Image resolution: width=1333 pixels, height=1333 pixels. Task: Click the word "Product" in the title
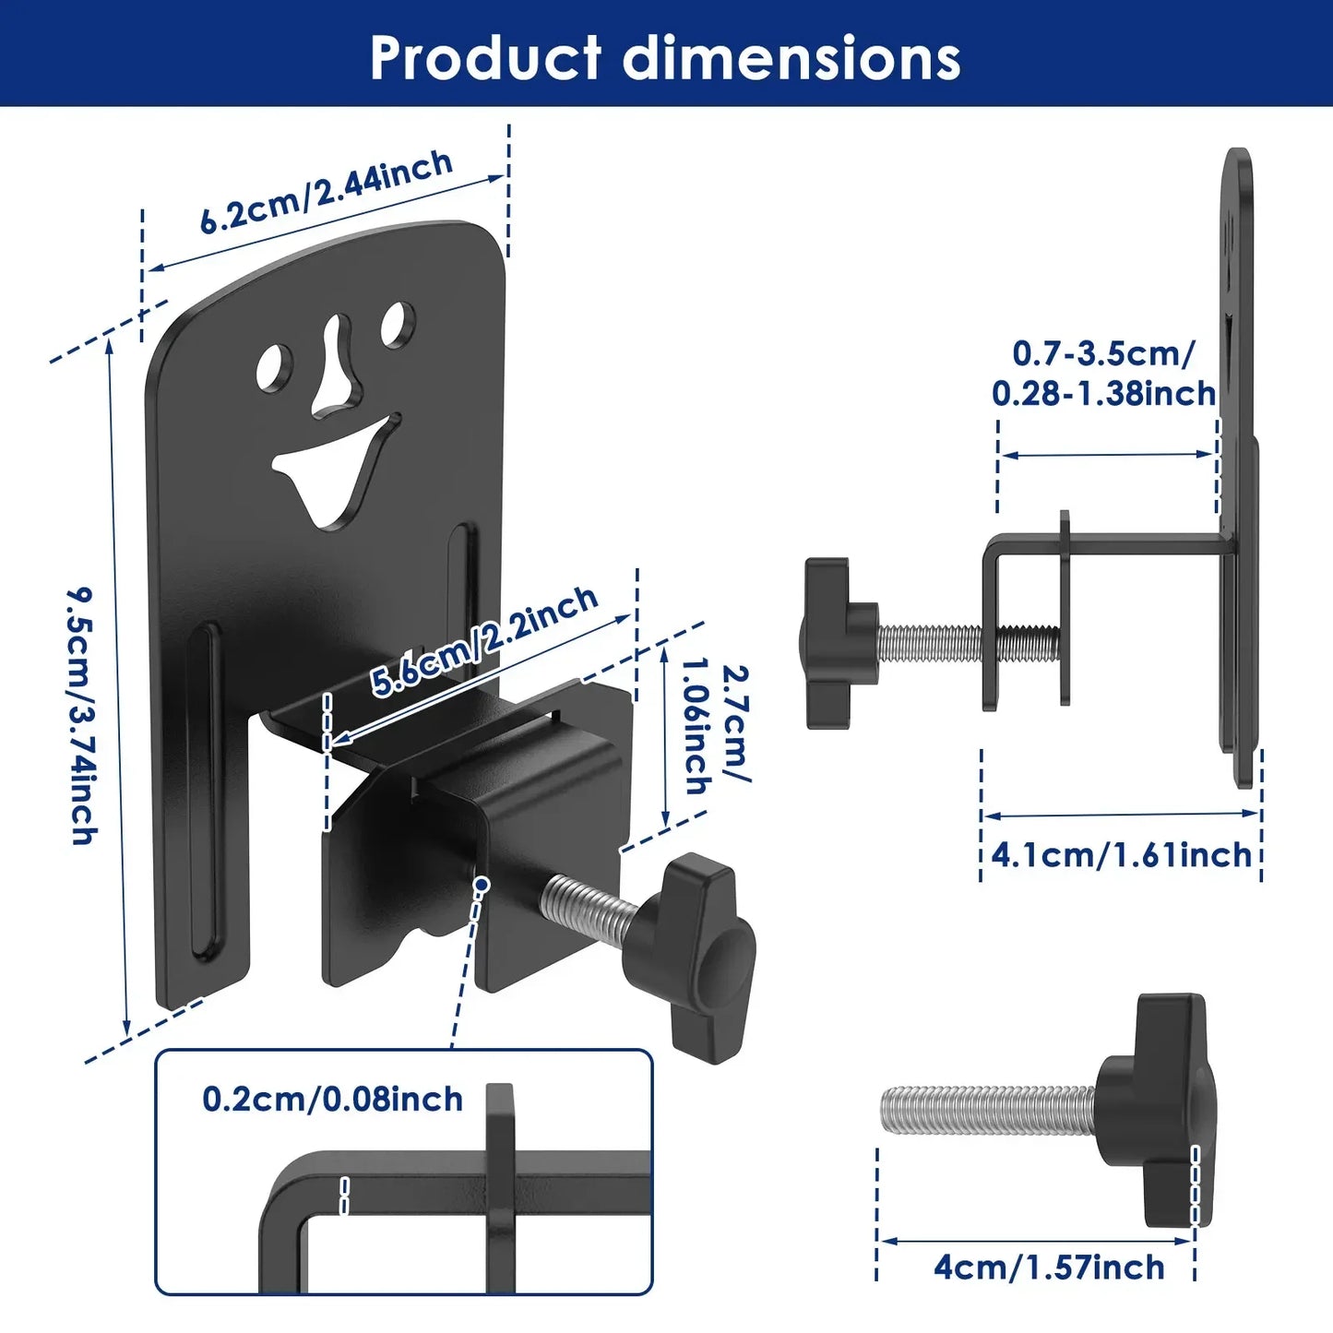(485, 58)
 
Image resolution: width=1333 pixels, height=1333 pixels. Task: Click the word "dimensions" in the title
(791, 58)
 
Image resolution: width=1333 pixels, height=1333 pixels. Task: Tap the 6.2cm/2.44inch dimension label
(327, 192)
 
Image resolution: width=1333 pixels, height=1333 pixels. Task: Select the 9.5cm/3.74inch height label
(83, 716)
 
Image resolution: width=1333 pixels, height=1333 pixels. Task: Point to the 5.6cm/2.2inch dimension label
(484, 640)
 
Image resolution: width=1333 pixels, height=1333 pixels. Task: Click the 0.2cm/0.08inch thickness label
(332, 1100)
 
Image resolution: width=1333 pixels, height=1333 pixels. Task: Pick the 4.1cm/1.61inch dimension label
(1122, 855)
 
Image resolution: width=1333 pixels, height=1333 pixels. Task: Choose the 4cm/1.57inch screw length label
(1049, 1268)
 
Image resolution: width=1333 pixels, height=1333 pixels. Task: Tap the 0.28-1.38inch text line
(1103, 394)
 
